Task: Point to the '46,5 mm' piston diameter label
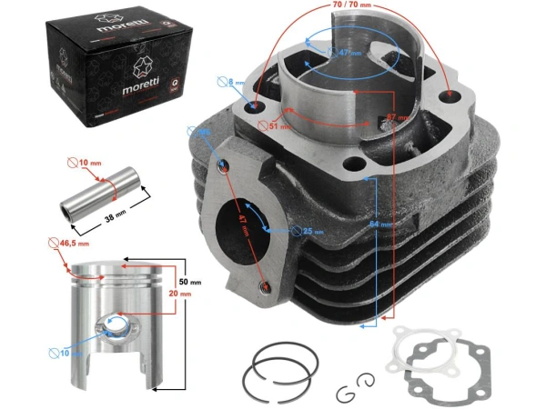[x=74, y=244]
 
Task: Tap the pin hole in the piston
[x=116, y=324]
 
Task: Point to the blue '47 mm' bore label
[x=342, y=54]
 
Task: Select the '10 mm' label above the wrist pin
[x=86, y=164]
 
